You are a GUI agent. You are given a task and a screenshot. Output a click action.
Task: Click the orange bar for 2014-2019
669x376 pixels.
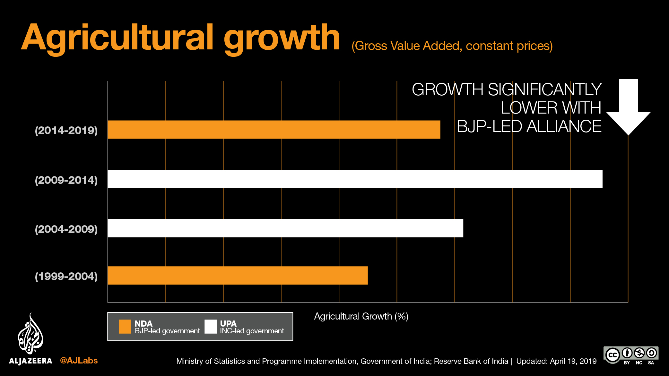click(x=274, y=130)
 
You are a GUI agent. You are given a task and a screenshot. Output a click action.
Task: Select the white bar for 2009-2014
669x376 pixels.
click(x=355, y=179)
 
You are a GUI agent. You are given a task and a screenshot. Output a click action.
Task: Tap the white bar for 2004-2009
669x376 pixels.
click(x=285, y=228)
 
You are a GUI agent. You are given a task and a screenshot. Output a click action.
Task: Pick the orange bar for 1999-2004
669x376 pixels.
click(x=238, y=275)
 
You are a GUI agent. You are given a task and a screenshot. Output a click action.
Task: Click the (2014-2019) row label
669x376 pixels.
click(x=66, y=131)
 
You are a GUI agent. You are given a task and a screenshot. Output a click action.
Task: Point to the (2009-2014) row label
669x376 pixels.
click(x=66, y=180)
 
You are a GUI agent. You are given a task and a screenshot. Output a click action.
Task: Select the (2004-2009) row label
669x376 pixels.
click(x=66, y=229)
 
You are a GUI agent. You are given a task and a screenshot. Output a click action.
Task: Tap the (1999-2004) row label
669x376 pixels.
click(x=66, y=276)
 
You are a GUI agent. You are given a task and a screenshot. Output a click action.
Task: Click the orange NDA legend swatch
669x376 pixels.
click(x=125, y=327)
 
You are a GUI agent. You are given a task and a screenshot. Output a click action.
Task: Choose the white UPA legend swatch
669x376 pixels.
click(x=211, y=327)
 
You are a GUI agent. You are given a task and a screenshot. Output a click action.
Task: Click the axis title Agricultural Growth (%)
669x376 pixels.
click(x=361, y=316)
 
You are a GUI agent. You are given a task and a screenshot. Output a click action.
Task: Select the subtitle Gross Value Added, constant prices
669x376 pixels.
click(x=452, y=46)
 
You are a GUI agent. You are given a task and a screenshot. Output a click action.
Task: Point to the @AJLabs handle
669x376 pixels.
click(x=79, y=361)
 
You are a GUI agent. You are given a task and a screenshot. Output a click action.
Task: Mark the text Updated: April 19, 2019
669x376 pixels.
click(x=556, y=361)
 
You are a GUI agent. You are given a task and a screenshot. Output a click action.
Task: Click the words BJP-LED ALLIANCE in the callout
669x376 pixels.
click(x=529, y=126)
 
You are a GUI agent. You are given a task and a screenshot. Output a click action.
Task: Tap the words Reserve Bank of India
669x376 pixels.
click(x=471, y=361)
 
